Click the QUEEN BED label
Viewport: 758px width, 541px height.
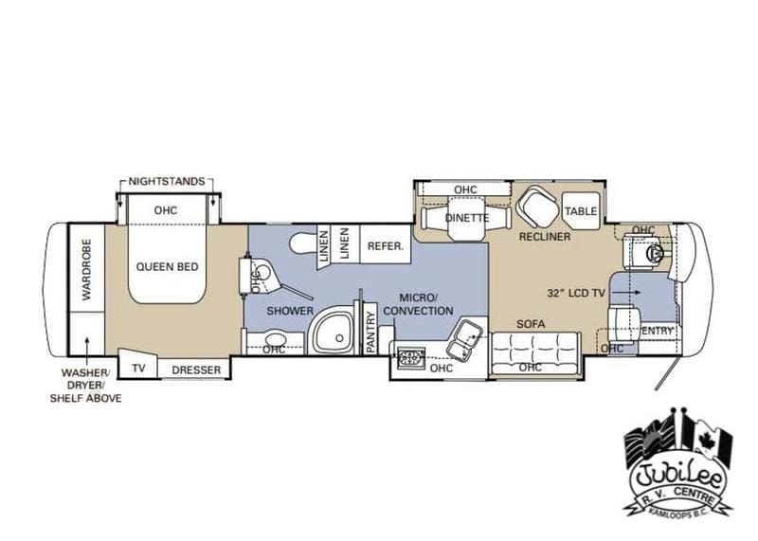[x=167, y=267]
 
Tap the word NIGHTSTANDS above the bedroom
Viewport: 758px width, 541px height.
[x=167, y=180]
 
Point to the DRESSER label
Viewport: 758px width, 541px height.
[x=196, y=370]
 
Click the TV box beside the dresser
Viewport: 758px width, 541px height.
[x=139, y=369]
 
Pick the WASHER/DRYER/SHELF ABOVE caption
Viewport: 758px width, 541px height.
[x=86, y=386]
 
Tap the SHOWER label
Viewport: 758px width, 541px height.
[x=283, y=311]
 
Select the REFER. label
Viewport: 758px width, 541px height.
[x=386, y=244]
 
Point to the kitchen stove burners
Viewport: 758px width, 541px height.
[x=410, y=358]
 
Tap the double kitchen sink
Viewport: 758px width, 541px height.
[x=463, y=334]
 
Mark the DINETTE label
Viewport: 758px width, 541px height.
[x=466, y=218]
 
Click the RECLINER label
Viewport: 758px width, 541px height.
[x=544, y=236]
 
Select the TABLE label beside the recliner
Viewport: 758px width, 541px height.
[x=580, y=212]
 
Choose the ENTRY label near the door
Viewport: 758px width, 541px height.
[x=657, y=330]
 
